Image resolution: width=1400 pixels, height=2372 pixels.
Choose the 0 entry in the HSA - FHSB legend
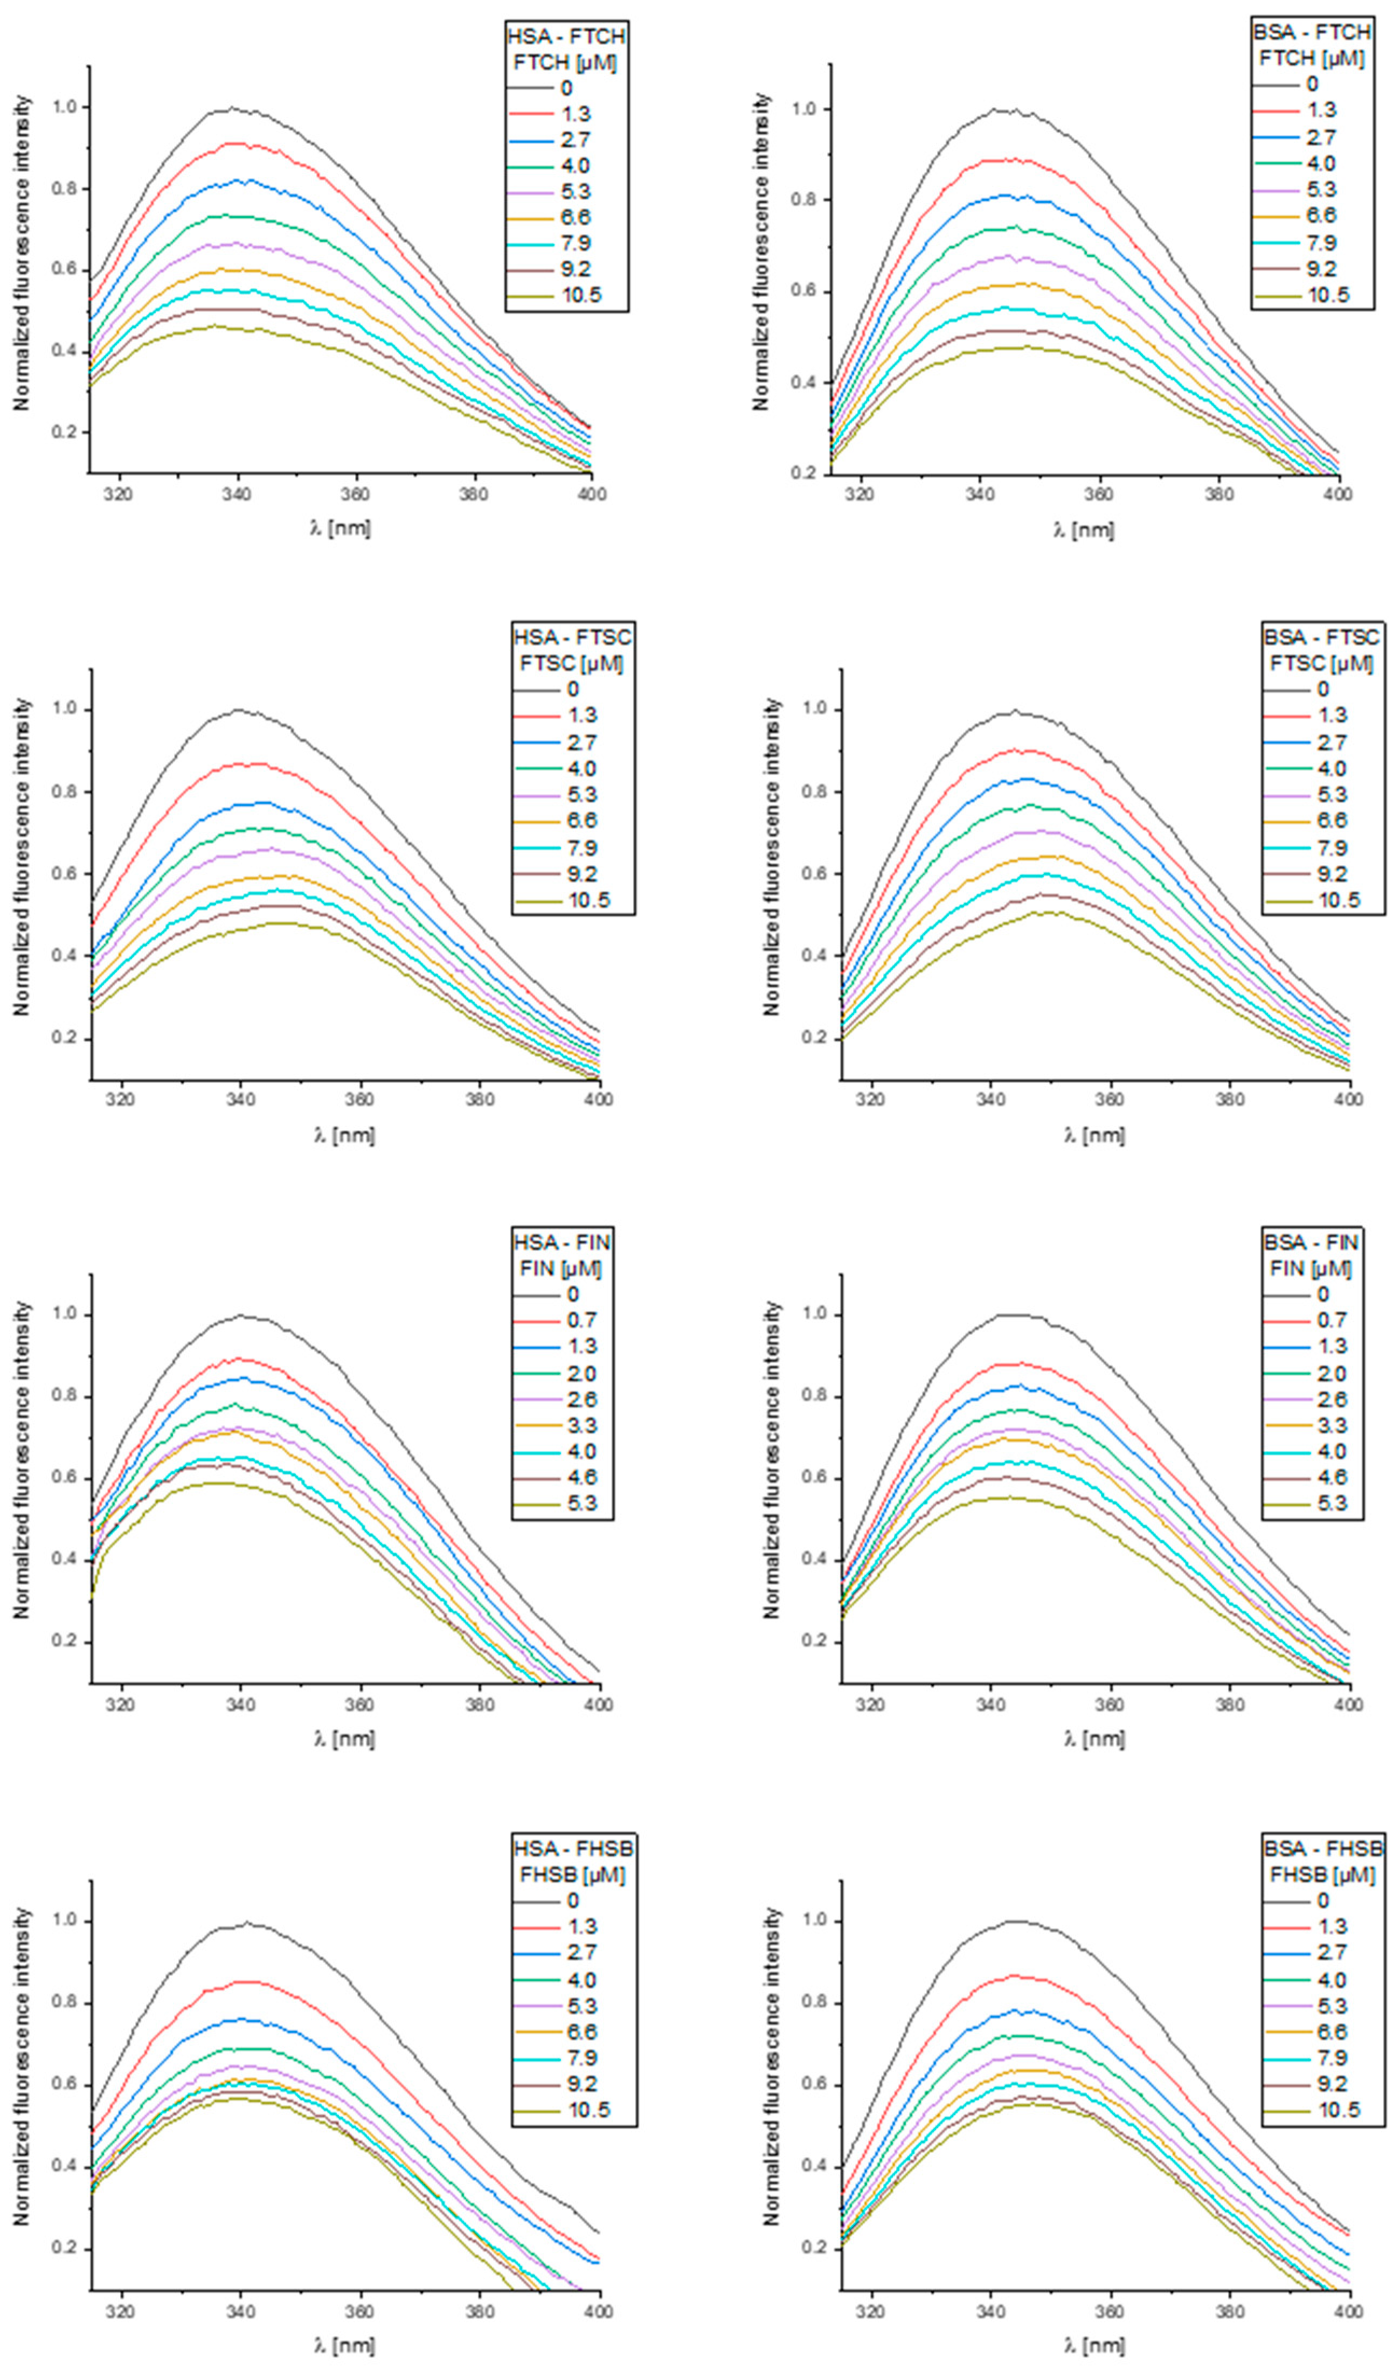[572, 1901]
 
